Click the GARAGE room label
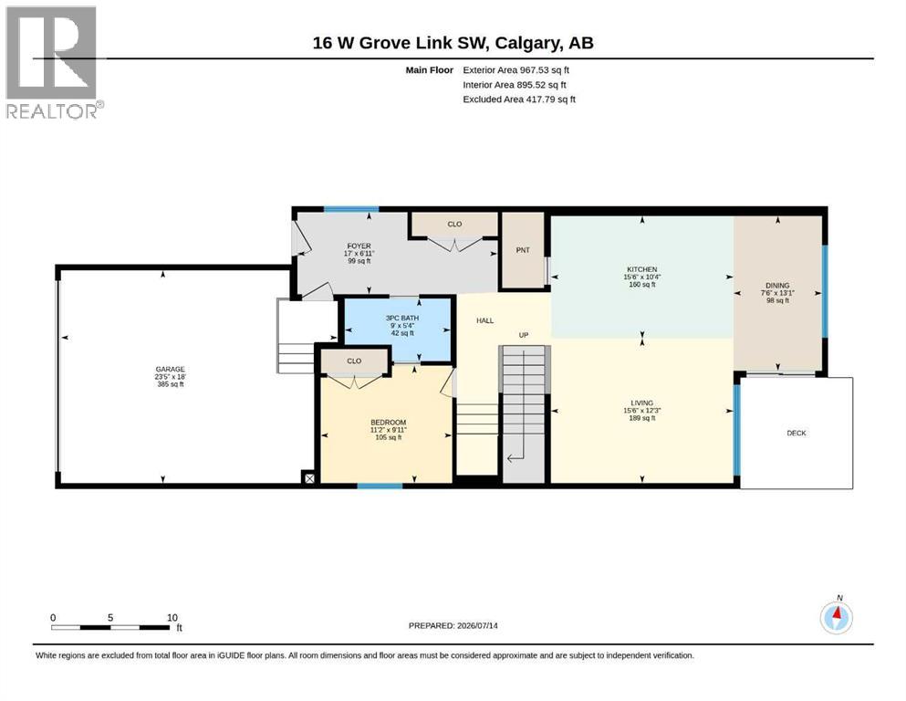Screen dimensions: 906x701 pyautogui.click(x=170, y=369)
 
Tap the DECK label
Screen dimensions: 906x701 pyautogui.click(x=797, y=433)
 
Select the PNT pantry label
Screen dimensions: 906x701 pyautogui.click(x=522, y=250)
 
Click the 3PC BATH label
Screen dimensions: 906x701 pyautogui.click(x=402, y=318)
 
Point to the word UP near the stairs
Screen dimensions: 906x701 pyautogui.click(x=524, y=335)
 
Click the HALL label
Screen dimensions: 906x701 pyautogui.click(x=484, y=320)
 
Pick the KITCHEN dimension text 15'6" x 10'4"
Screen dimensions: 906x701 pyautogui.click(x=642, y=277)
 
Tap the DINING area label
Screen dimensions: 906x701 pyautogui.click(x=777, y=286)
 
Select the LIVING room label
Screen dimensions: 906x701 pyautogui.click(x=642, y=403)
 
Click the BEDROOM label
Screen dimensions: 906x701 pyautogui.click(x=389, y=423)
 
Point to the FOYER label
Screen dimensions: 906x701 pyautogui.click(x=359, y=246)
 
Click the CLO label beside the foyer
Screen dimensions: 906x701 pyautogui.click(x=454, y=225)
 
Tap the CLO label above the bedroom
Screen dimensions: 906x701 pyautogui.click(x=354, y=361)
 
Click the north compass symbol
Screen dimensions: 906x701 pyautogui.click(x=836, y=617)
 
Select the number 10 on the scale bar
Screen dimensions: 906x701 pyautogui.click(x=172, y=618)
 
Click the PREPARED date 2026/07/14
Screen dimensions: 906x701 pyautogui.click(x=477, y=626)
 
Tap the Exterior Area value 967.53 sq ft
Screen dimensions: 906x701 pyautogui.click(x=545, y=70)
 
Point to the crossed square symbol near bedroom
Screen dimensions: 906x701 pyautogui.click(x=309, y=478)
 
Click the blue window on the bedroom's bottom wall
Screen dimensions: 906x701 pyautogui.click(x=380, y=486)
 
